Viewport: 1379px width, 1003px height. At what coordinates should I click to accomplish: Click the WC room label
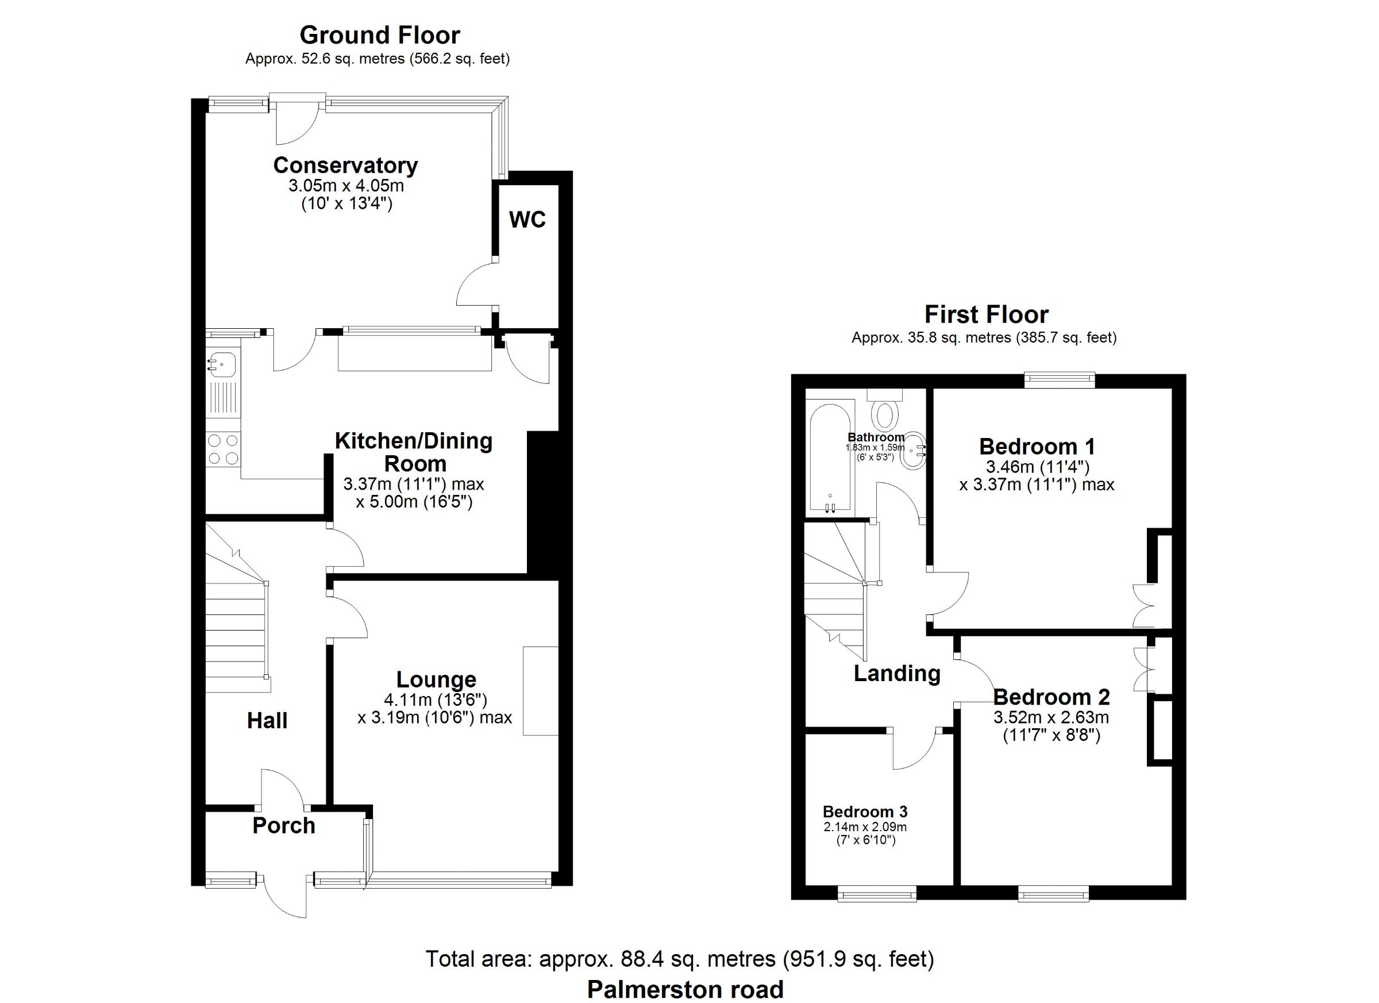527,220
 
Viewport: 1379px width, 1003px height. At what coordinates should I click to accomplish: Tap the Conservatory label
345,166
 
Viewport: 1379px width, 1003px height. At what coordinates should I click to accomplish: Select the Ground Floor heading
380,35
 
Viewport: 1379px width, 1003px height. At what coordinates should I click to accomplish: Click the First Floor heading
986,314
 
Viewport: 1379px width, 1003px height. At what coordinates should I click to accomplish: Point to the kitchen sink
223,364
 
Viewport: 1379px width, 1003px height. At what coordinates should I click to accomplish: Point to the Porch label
284,825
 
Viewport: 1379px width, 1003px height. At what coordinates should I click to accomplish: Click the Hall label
267,721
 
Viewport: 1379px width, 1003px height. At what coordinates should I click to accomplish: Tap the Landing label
897,673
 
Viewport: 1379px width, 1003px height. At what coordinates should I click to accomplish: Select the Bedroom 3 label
865,812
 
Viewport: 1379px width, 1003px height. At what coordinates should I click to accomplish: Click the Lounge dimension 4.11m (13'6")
436,700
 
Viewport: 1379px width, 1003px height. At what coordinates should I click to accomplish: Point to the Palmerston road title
685,990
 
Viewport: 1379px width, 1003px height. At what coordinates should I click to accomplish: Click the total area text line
680,959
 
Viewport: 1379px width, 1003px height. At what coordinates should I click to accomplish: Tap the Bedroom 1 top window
1059,380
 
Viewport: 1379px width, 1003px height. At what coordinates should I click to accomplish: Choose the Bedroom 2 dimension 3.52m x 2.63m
1051,718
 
